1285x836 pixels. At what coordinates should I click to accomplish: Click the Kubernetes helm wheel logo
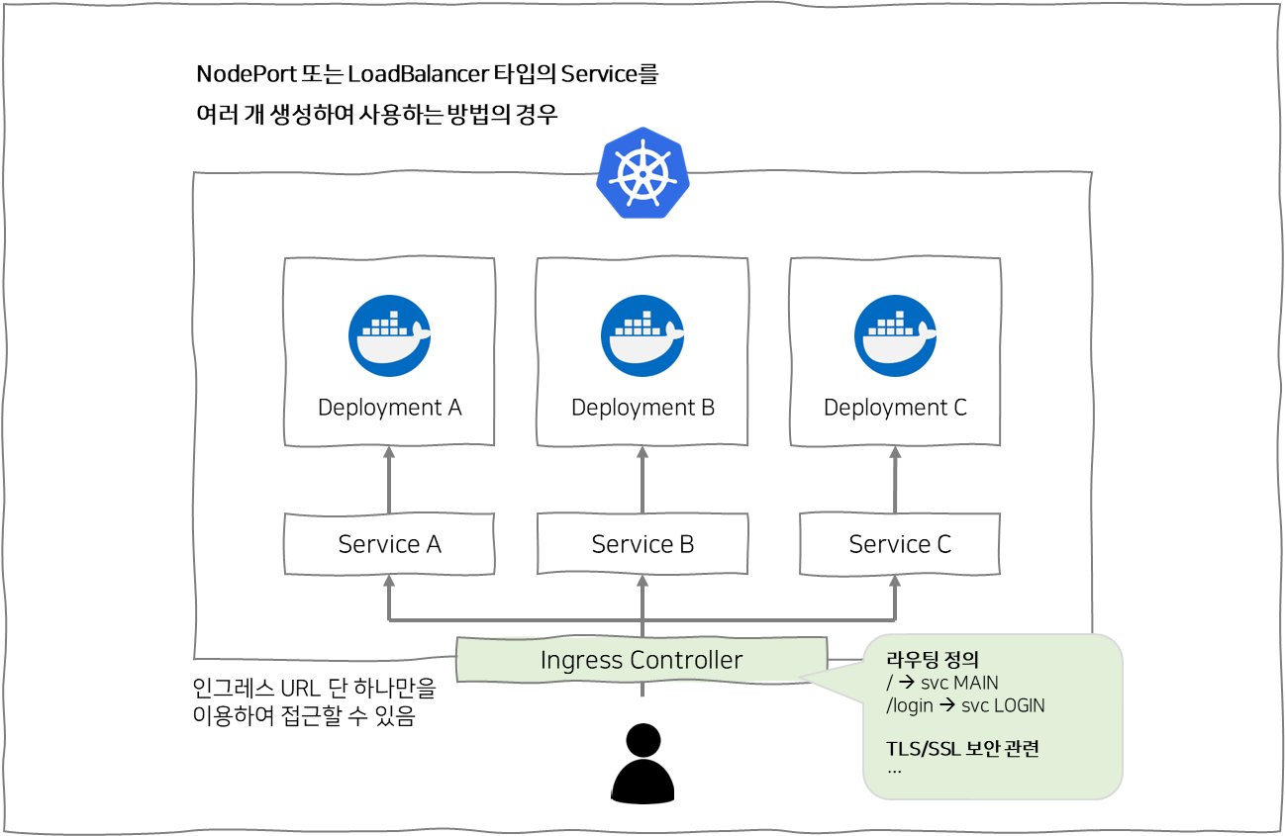(642, 172)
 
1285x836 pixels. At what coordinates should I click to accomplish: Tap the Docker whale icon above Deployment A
(389, 336)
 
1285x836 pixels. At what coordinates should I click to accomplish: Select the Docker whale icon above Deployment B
(642, 336)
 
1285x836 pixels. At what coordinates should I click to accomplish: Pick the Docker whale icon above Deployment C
(895, 336)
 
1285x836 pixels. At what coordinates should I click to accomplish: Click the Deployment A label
(389, 408)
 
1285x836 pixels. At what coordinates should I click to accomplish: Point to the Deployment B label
(642, 408)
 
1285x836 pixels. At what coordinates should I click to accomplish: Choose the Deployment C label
(895, 408)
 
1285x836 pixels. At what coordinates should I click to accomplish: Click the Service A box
(389, 544)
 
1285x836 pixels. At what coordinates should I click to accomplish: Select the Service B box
(642, 544)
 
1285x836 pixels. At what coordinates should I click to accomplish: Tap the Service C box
(899, 544)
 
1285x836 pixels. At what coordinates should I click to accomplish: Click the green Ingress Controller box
(642, 660)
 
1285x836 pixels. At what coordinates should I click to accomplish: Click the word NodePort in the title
(241, 74)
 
